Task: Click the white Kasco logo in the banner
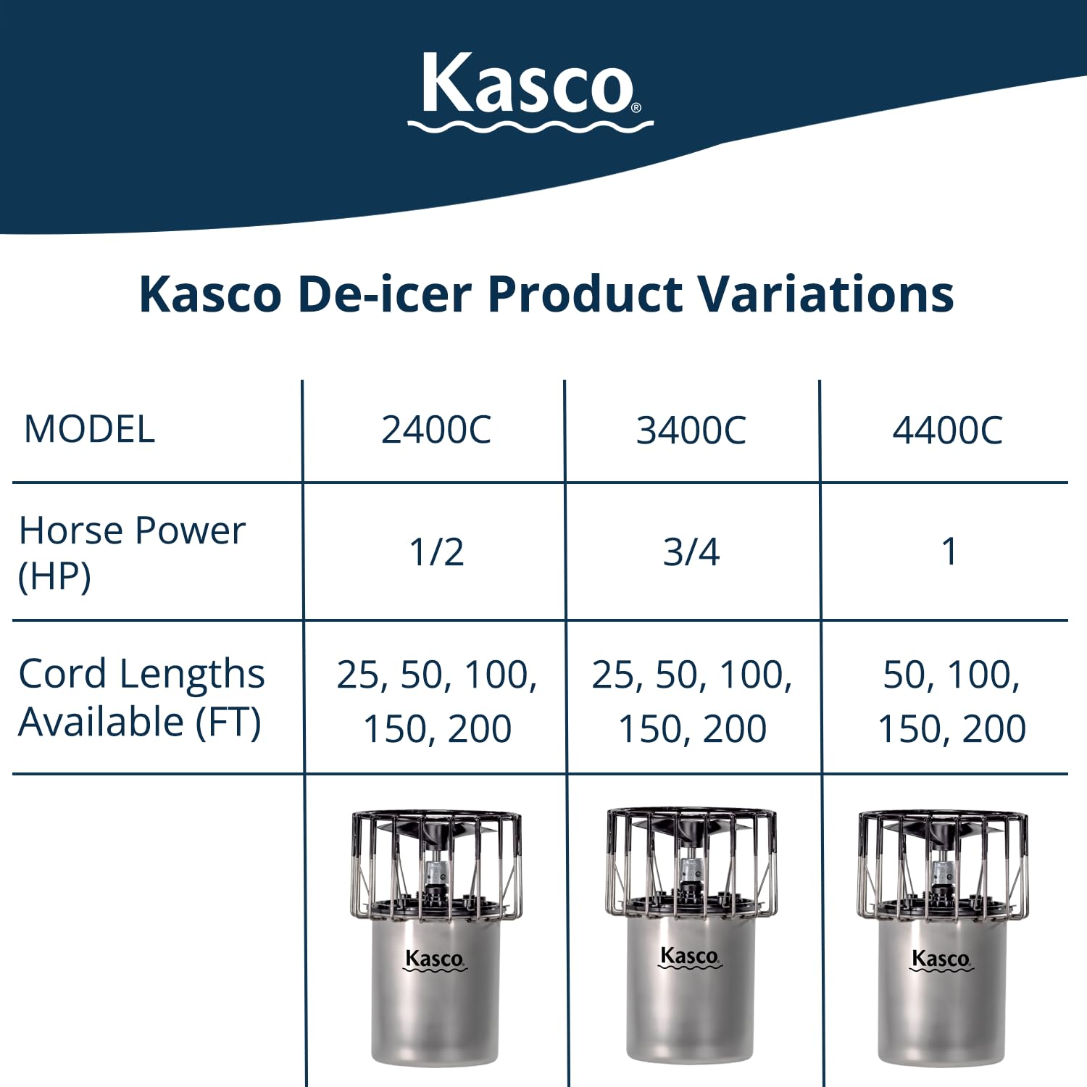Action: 530,92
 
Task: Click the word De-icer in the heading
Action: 385,294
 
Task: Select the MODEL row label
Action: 89,429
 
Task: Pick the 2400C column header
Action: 436,430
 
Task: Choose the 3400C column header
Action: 691,430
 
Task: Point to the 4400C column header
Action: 947,430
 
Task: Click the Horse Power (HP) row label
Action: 132,553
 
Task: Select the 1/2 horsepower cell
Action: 436,552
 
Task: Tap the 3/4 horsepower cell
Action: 691,552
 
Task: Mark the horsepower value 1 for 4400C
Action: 949,552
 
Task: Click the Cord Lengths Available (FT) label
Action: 141,697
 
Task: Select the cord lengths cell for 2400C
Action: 437,701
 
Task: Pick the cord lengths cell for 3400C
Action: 692,701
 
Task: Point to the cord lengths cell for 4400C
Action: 951,701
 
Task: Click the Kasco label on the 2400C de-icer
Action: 435,959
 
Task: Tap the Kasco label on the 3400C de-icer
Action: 690,957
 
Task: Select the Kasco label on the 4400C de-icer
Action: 941,959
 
